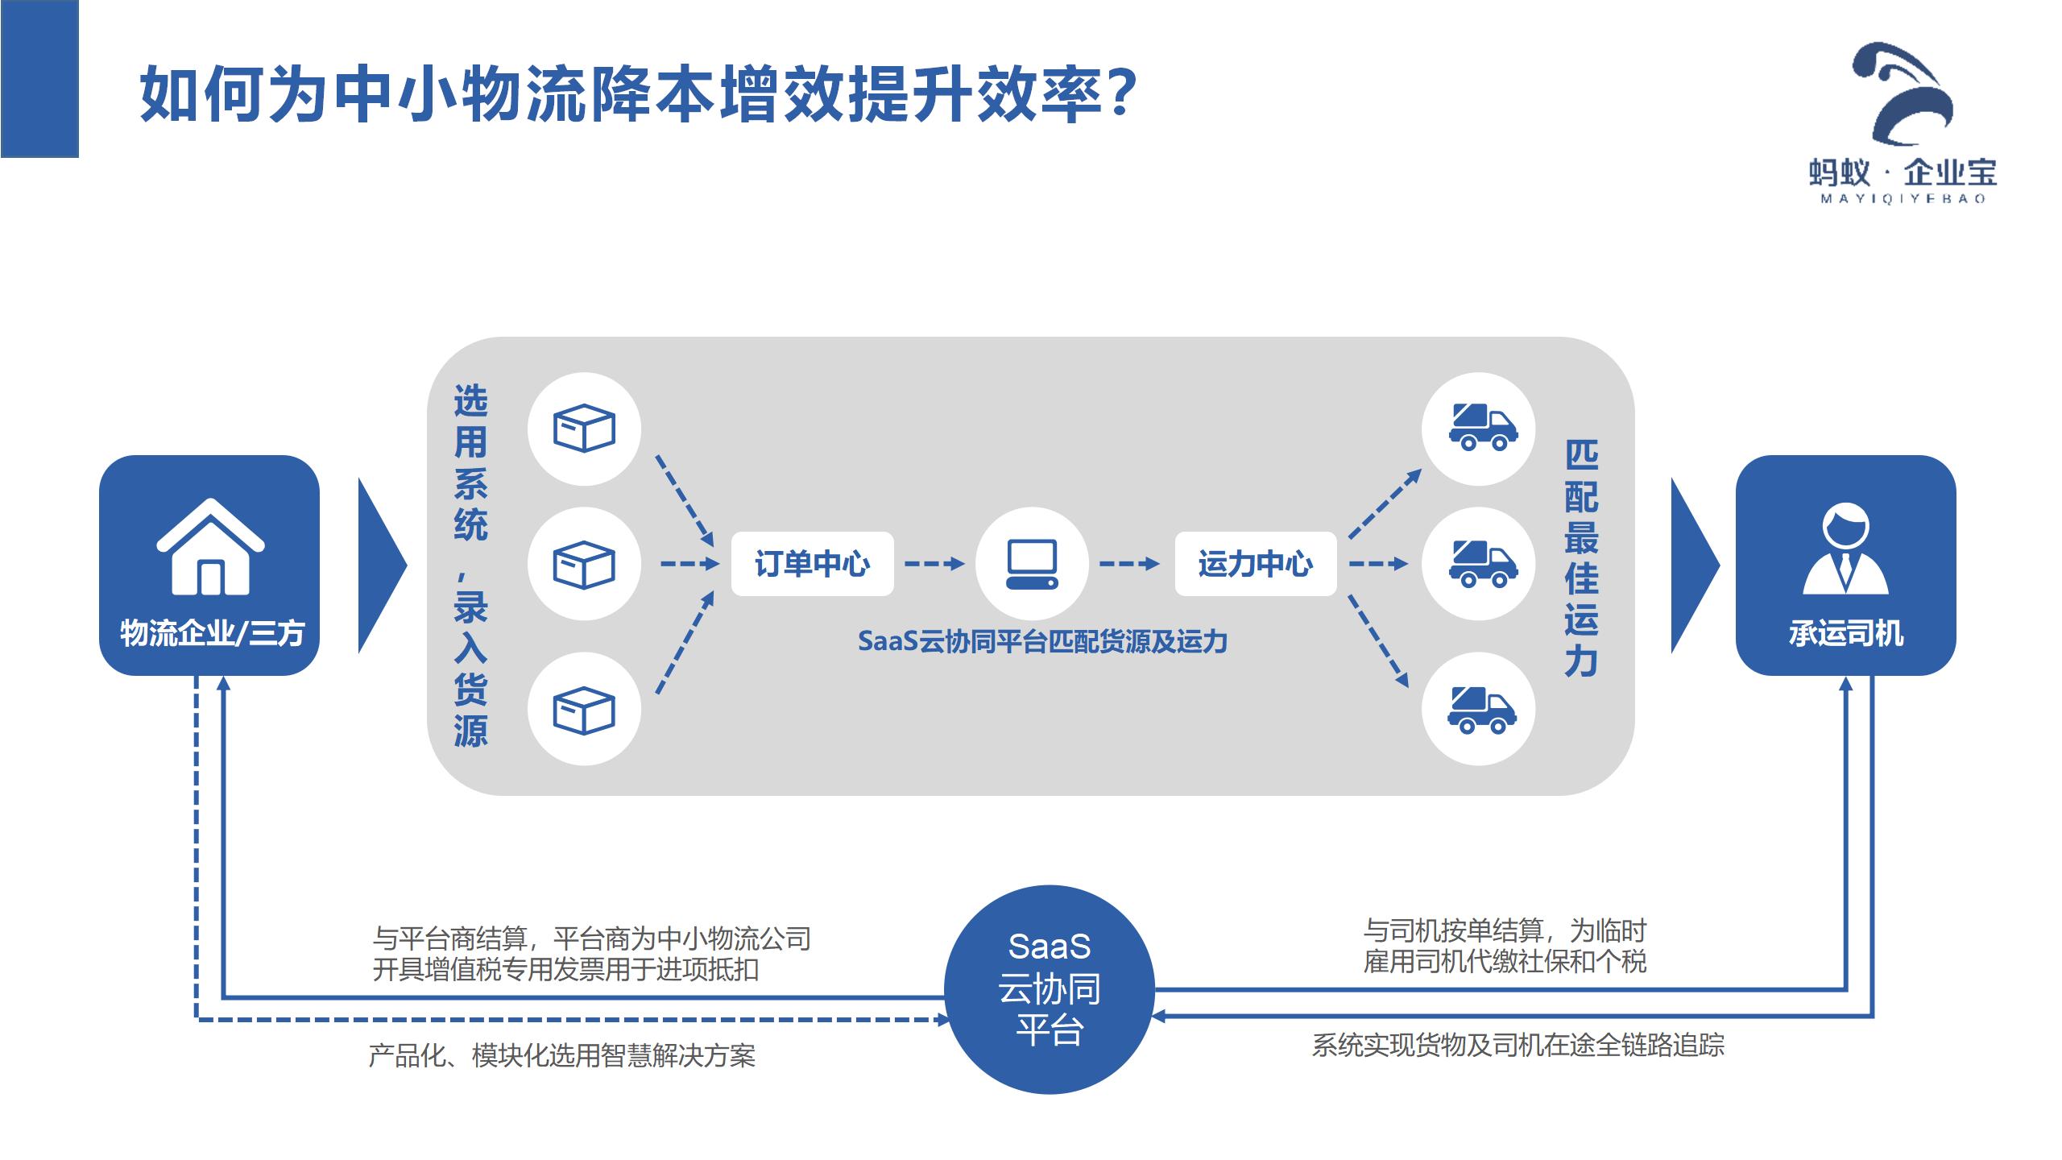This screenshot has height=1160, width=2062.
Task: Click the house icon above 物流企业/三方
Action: point(210,547)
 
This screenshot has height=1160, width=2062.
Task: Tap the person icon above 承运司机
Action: point(1845,549)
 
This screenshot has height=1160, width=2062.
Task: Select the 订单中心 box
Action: point(812,564)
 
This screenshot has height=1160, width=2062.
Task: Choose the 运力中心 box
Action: point(1255,564)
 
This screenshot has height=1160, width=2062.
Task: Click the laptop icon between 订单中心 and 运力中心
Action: point(1032,564)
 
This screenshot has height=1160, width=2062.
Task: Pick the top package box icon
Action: point(584,429)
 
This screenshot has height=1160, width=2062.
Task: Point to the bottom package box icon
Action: point(584,709)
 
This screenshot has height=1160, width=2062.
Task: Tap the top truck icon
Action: point(1480,429)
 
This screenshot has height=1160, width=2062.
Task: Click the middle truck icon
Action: point(1480,564)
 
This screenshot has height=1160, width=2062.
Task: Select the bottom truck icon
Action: point(1480,709)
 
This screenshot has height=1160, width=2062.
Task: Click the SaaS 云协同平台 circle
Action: point(1049,989)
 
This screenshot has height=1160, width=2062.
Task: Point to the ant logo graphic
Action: point(1906,93)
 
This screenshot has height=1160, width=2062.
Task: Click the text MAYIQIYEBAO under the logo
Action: point(1903,199)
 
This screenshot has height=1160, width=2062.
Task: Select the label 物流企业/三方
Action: point(212,634)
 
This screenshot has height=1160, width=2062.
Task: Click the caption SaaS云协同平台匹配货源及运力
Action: point(1042,642)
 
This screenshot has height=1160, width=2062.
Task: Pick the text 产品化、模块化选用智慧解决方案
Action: point(561,1055)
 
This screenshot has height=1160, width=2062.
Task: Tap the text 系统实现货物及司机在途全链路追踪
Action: point(1518,1045)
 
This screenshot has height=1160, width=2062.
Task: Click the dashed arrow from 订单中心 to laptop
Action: point(934,564)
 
